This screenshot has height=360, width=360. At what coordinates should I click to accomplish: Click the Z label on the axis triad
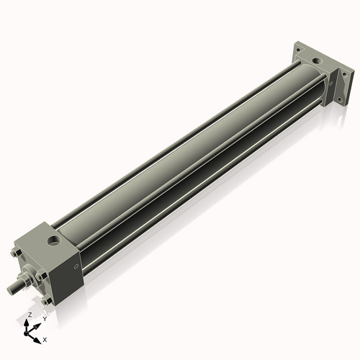(29, 315)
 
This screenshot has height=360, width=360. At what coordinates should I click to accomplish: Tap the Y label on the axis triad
(45, 318)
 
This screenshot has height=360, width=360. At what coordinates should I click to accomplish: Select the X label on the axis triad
(45, 338)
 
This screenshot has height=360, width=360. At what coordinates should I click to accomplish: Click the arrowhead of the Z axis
(28, 322)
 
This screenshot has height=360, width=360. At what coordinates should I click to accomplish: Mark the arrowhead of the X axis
(38, 337)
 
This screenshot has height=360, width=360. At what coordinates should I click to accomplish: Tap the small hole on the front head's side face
(77, 266)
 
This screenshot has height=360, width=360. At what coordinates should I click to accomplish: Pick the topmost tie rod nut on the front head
(17, 253)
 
